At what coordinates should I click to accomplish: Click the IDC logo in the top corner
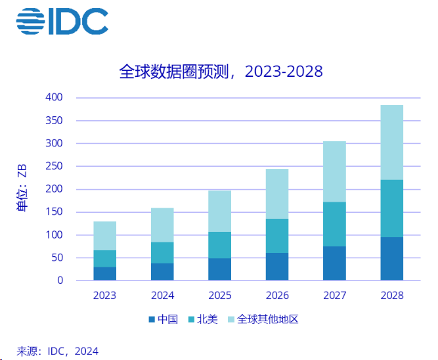pos(62,22)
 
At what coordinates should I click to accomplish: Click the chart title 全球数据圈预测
pos(221,71)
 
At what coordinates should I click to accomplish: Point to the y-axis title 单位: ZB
pos(22,189)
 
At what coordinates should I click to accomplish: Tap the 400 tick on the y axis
pos(55,97)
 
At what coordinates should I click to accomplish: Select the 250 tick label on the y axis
pos(55,166)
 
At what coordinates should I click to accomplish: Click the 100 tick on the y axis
pos(55,235)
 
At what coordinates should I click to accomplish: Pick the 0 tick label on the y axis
pos(60,281)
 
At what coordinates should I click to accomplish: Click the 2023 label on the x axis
pos(104,296)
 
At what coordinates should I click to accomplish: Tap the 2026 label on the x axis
pos(276,296)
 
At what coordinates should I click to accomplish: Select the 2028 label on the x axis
pos(391,296)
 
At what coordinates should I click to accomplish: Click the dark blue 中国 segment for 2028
pos(391,259)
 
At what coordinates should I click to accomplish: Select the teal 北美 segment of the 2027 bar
pos(334,224)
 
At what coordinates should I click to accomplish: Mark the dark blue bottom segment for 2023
pos(104,273)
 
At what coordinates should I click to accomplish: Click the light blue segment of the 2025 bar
pos(219,211)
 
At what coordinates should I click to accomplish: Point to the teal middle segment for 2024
pos(162,252)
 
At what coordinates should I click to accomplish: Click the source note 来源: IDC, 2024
pos(57,351)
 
